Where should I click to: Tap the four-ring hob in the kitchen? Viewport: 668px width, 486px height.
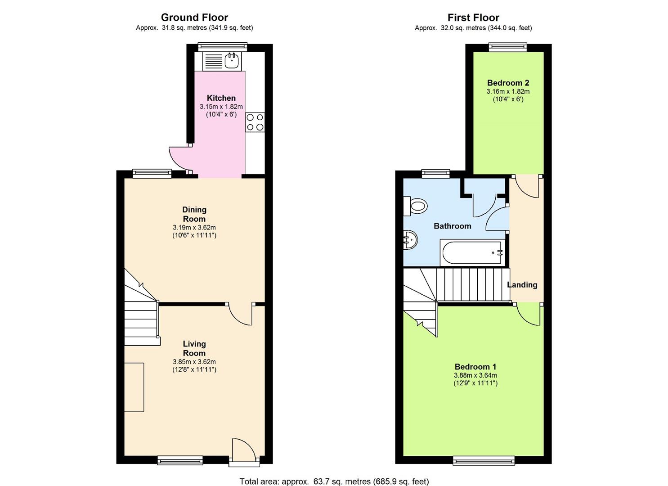point(255,122)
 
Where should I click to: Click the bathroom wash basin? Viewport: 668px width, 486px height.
point(410,239)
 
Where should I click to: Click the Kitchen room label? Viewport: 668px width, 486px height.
point(221,98)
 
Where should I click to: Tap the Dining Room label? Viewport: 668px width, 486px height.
point(194,214)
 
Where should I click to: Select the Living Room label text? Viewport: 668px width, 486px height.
point(194,348)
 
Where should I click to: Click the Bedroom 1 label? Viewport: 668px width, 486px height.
point(475,367)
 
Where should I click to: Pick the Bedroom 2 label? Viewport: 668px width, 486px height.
point(508,83)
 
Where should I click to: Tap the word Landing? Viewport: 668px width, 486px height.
point(522,285)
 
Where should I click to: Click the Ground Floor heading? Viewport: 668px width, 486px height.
point(194,18)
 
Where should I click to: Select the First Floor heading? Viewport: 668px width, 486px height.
point(473,18)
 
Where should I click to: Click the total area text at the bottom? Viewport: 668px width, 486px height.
point(334,481)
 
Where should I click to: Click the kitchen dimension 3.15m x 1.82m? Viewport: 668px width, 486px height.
point(221,107)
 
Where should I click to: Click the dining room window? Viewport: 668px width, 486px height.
point(152,172)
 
